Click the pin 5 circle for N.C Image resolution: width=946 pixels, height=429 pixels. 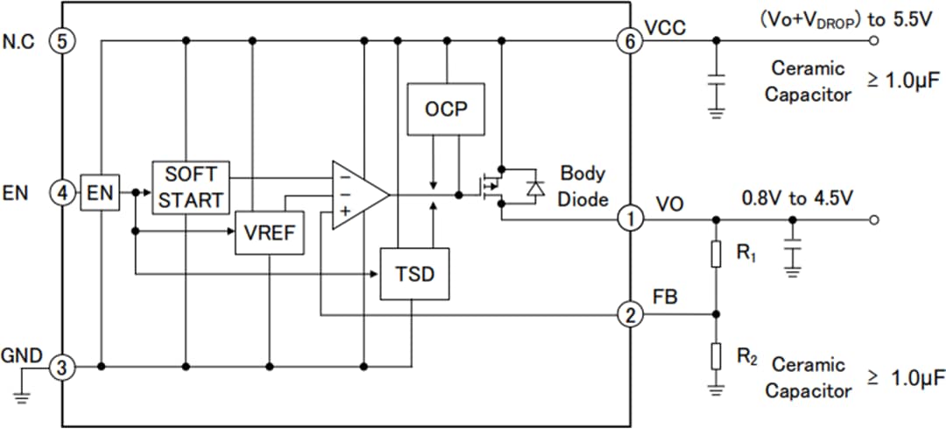pyautogui.click(x=62, y=40)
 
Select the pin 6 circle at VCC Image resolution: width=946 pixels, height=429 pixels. pyautogui.click(x=629, y=40)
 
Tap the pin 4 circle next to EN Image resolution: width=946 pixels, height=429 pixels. pyautogui.click(x=62, y=193)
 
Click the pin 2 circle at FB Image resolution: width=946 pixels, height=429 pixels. pyautogui.click(x=629, y=314)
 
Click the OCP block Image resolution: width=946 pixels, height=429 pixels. pyautogui.click(x=447, y=110)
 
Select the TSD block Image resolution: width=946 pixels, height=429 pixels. pyautogui.click(x=413, y=275)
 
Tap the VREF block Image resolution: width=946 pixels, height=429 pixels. pyautogui.click(x=269, y=234)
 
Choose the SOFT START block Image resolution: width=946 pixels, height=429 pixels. pyautogui.click(x=191, y=186)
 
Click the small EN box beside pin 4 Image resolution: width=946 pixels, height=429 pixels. pyautogui.click(x=101, y=193)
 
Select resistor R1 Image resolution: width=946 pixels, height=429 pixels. pyautogui.click(x=717, y=254)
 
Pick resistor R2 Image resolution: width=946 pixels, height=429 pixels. pyautogui.click(x=717, y=355)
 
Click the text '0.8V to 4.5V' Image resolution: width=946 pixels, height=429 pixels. pyautogui.click(x=797, y=198)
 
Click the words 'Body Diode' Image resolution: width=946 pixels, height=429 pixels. pyautogui.click(x=583, y=186)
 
